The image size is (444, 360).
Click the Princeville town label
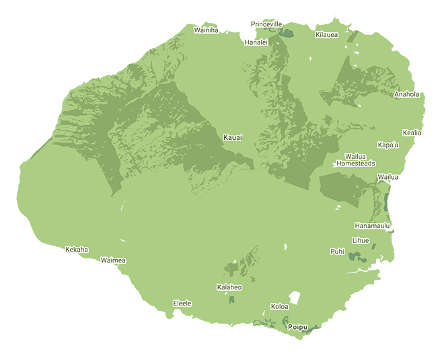click(x=266, y=24)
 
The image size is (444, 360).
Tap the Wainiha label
click(x=206, y=30)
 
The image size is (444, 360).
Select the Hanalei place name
click(x=256, y=42)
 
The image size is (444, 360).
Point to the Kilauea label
click(x=326, y=34)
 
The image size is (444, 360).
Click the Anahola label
click(x=406, y=94)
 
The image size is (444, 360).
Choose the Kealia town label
click(x=412, y=133)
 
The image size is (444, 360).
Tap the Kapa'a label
click(x=388, y=145)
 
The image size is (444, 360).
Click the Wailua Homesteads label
click(x=356, y=160)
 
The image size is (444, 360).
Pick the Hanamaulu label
click(x=373, y=226)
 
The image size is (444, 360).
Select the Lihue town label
click(x=361, y=240)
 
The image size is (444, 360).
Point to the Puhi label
click(x=337, y=252)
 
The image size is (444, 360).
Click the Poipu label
click(x=297, y=327)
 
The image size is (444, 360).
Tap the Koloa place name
click(x=279, y=307)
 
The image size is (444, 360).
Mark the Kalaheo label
click(x=229, y=287)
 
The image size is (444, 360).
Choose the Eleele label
click(x=182, y=303)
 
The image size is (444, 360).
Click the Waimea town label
click(x=113, y=260)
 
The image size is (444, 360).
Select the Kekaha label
click(x=77, y=250)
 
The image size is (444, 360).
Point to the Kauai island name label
click(x=233, y=138)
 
